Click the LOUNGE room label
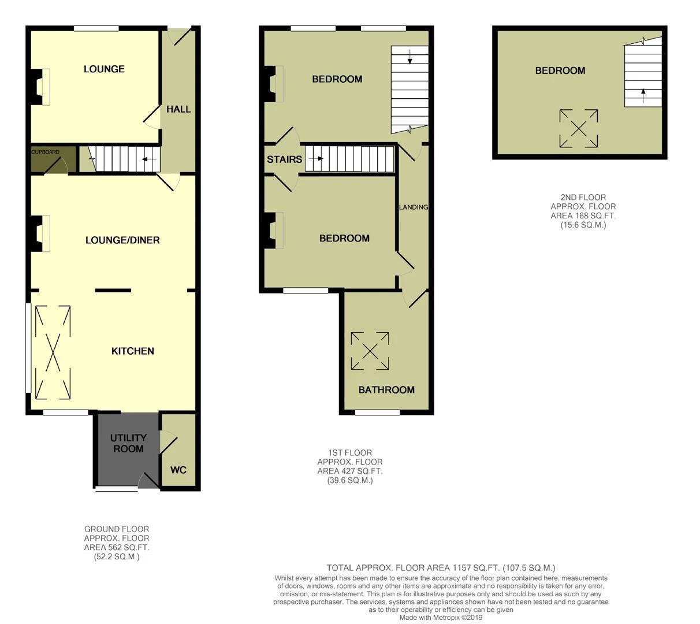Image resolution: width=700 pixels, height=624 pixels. click(104, 69)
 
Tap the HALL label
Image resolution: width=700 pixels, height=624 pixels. click(178, 109)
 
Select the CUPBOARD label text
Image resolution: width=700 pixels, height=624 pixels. click(46, 152)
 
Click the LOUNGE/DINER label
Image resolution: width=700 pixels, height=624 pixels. click(122, 240)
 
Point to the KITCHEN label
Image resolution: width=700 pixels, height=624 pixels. click(132, 351)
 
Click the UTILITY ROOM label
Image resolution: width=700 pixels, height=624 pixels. click(128, 443)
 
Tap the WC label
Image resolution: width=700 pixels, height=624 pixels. click(178, 470)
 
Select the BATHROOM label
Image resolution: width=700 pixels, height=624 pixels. click(386, 389)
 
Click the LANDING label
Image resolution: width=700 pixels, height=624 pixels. click(413, 207)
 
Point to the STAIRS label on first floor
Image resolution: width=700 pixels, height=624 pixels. click(284, 159)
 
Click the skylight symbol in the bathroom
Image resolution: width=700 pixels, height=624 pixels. click(370, 351)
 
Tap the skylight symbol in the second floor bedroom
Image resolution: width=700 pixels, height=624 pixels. click(579, 128)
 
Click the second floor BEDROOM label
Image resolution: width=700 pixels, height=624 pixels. click(560, 70)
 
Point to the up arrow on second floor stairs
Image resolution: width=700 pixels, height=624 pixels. click(643, 95)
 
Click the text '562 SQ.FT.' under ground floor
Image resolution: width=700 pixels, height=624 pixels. click(117, 547)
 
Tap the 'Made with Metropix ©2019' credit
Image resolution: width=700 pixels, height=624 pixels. click(441, 618)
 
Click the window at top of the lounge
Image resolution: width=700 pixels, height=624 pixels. click(96, 28)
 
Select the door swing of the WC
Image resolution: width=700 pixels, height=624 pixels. click(169, 443)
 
